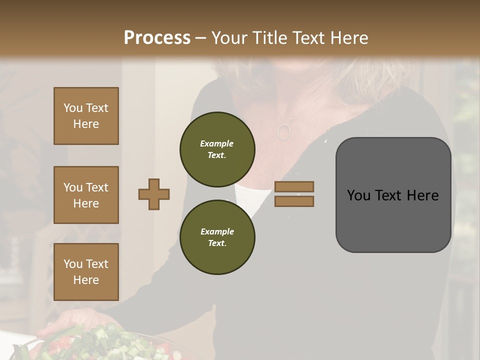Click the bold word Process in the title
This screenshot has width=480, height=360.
(157, 37)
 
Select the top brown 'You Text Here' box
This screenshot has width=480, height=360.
(86, 116)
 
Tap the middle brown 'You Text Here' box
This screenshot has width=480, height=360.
(86, 195)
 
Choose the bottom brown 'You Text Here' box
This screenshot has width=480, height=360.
(86, 272)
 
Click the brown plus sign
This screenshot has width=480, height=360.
(154, 194)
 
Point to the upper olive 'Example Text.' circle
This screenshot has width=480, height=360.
(217, 149)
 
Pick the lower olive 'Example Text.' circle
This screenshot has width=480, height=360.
(217, 237)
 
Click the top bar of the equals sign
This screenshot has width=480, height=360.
(294, 186)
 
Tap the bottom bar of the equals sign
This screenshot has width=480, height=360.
(294, 201)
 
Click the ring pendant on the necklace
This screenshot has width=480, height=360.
(283, 131)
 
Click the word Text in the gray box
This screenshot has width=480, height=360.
(392, 195)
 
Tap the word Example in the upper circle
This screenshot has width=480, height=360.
(217, 143)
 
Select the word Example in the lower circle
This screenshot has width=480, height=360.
(217, 231)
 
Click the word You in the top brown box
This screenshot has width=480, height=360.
(72, 108)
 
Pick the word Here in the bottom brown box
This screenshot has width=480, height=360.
(86, 280)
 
